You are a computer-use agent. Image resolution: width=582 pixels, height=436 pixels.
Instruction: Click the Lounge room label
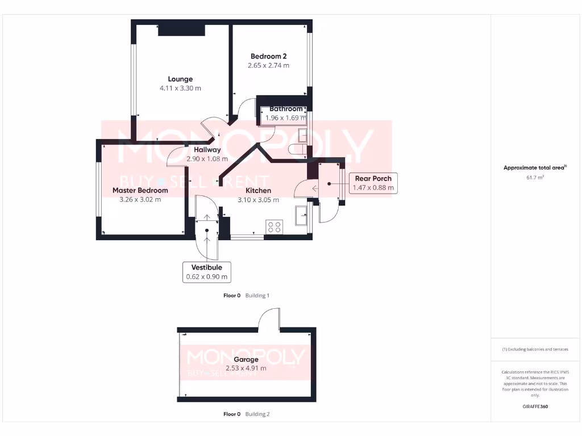180,79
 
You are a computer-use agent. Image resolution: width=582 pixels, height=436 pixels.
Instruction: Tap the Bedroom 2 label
268,56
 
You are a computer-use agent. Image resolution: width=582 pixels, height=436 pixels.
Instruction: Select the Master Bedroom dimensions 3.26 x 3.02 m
140,199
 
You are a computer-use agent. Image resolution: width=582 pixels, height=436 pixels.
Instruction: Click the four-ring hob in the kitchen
274,227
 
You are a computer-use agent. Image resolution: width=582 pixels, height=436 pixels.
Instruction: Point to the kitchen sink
301,214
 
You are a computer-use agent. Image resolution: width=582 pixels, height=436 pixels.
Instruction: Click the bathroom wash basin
302,135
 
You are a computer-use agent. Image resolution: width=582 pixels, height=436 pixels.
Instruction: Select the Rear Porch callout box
373,183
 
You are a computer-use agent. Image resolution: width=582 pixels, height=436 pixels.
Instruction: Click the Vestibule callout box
206,272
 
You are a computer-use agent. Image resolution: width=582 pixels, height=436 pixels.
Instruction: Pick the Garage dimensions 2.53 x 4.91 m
246,368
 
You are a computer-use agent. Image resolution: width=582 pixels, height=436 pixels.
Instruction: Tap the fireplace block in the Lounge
181,30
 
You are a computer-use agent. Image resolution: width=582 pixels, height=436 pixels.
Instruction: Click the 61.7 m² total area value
535,178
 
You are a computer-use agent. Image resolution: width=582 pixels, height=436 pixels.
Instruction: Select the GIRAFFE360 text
535,406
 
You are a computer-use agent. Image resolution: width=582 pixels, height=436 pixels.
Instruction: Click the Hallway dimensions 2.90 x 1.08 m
207,159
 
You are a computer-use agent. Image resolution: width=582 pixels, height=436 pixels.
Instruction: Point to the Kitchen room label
258,191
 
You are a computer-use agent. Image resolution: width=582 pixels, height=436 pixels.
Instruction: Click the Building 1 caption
257,295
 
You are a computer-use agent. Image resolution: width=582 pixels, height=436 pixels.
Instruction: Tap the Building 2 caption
257,414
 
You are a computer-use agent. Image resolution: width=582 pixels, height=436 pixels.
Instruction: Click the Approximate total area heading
534,167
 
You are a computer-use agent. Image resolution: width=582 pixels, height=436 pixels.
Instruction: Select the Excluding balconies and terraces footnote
535,349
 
